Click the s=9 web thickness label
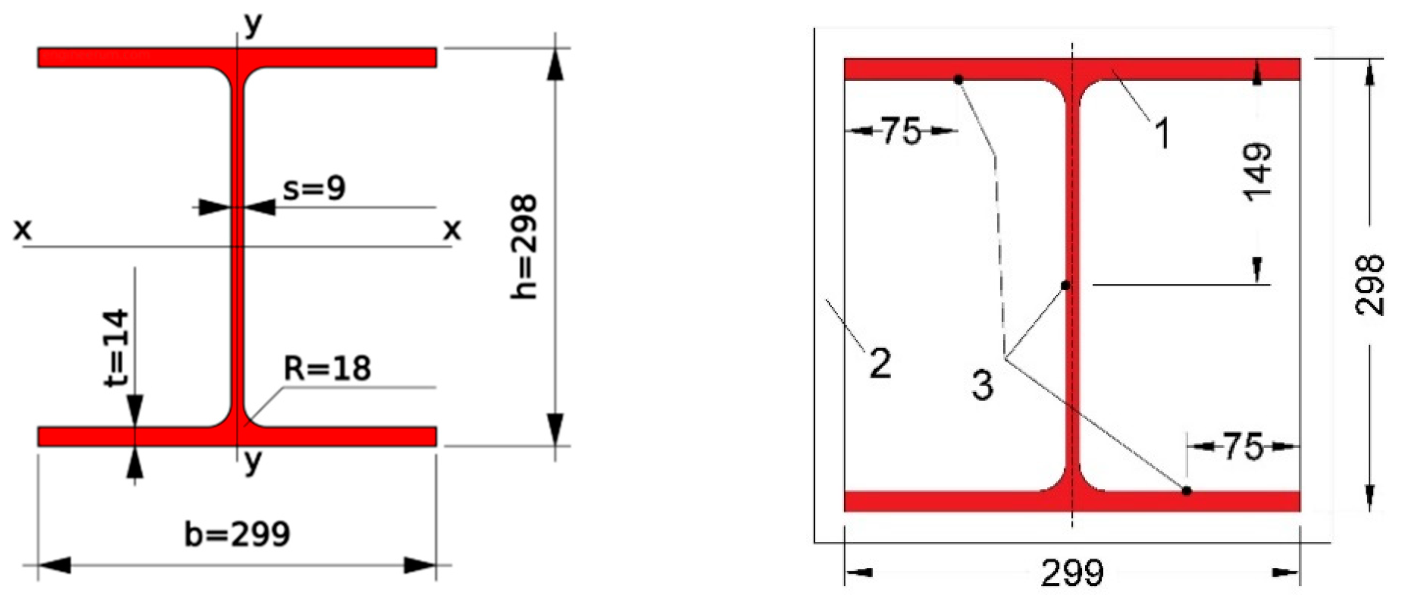click(x=314, y=188)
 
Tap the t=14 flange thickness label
click(x=117, y=348)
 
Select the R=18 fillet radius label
click(x=328, y=368)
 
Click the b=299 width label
click(x=237, y=534)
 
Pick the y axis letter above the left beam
click(x=253, y=25)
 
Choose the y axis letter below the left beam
click(x=253, y=462)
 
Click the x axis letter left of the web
click(x=22, y=230)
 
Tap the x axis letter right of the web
click(x=452, y=230)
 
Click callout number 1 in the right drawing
click(x=1162, y=133)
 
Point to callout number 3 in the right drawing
click(x=982, y=385)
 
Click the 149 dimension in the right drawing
click(x=1258, y=172)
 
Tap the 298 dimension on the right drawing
click(x=1370, y=284)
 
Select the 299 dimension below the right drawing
click(x=1072, y=572)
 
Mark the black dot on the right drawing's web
click(x=1066, y=285)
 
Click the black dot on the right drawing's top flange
click(x=958, y=80)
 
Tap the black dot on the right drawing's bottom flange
click(x=1187, y=491)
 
